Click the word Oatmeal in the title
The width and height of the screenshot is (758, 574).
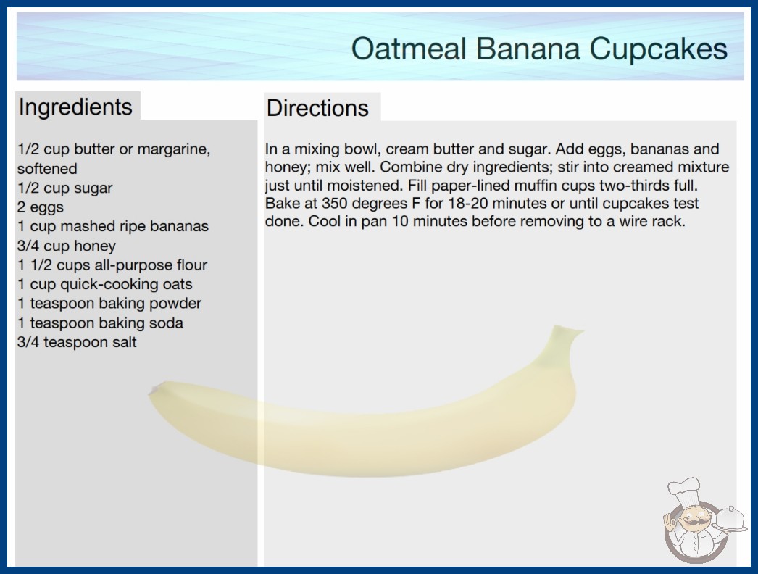pos(409,49)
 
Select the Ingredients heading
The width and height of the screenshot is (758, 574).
pos(75,107)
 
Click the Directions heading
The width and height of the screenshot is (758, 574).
pos(317,108)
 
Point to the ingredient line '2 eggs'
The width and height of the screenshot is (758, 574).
pos(40,207)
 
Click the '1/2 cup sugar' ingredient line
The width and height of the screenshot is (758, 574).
pos(64,188)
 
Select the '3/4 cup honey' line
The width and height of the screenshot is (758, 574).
pos(66,246)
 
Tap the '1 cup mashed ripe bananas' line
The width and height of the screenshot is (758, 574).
pos(112,226)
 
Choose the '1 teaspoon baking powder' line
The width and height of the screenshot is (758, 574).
pos(109,303)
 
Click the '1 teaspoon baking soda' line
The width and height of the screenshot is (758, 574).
pos(100,323)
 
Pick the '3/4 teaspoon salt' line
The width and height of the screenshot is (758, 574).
pos(77,342)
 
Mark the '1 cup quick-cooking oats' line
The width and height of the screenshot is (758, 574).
pos(105,284)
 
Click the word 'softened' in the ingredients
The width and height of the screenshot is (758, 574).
pos(47,168)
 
